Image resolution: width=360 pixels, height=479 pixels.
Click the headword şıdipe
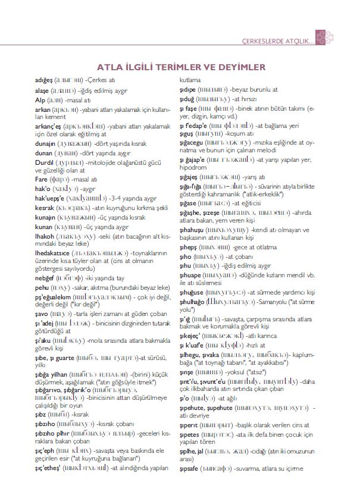click(x=189, y=89)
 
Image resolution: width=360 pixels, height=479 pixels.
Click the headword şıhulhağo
click(x=195, y=304)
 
